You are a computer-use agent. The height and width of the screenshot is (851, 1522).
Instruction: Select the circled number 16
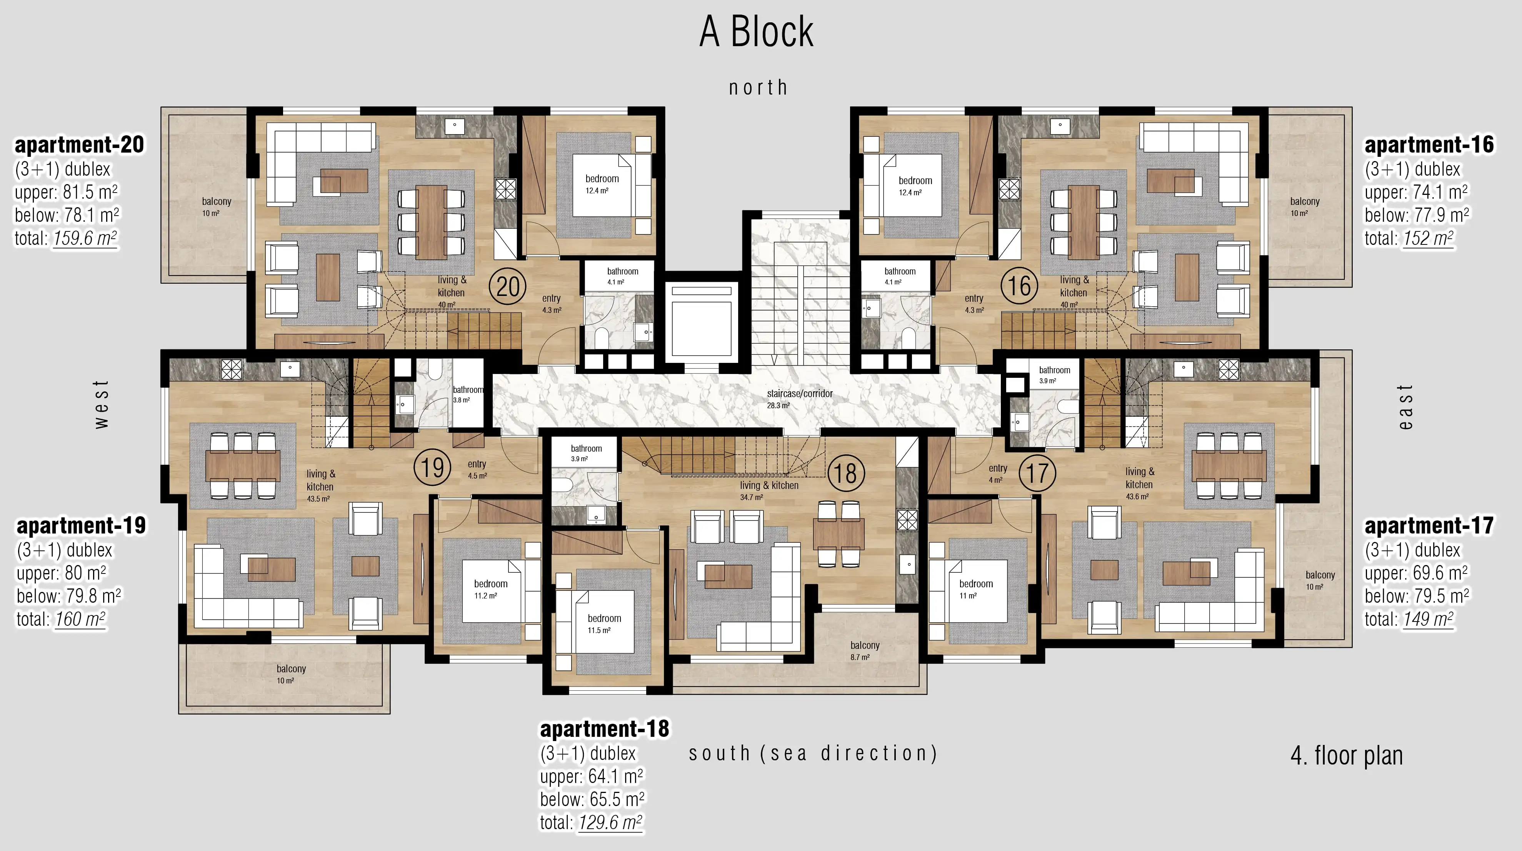(1019, 286)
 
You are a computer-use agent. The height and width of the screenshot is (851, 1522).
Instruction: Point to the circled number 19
(432, 468)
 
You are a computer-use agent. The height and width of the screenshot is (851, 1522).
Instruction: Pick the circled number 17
(1037, 473)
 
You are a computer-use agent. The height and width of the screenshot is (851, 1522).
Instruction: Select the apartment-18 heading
(604, 729)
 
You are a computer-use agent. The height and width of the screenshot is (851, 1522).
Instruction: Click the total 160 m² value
(80, 619)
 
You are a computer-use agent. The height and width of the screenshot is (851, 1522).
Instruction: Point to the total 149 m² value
(1428, 619)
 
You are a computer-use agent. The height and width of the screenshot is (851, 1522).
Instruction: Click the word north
(758, 87)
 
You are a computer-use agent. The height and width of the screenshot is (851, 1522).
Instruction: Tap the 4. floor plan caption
(1347, 755)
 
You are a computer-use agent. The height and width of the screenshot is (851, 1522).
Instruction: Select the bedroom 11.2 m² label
(490, 589)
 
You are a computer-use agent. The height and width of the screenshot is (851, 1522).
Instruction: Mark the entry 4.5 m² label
(477, 469)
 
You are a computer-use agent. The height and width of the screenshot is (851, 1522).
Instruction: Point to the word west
(102, 404)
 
